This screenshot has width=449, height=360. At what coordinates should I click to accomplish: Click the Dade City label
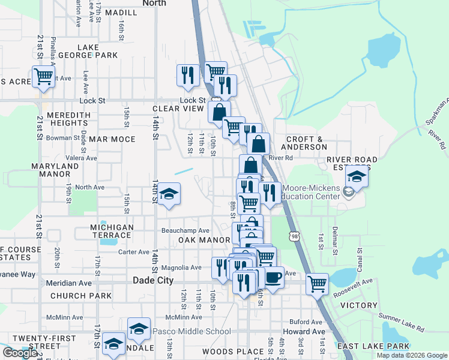152,280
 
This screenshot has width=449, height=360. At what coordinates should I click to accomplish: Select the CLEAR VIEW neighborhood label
178,109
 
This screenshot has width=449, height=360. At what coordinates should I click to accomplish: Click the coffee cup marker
274,278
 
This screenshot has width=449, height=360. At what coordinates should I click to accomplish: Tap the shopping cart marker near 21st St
43,77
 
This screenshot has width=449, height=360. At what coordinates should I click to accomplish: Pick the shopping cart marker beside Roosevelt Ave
316,283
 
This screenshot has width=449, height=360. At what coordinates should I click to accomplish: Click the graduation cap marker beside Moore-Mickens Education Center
357,177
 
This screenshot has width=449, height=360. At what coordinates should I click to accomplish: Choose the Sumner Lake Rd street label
401,322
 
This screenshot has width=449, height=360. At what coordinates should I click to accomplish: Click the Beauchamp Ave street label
185,230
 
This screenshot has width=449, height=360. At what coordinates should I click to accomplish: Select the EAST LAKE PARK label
373,346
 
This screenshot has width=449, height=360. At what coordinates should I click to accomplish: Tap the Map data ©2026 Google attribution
411,355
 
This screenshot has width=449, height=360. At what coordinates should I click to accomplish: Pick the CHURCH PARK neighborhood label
80,296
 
